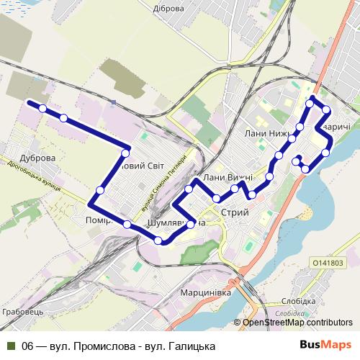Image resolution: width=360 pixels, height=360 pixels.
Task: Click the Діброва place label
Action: click(170, 9)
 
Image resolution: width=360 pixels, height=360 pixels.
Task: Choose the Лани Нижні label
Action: click(266, 133)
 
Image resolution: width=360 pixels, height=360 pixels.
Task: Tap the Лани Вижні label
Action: click(228, 177)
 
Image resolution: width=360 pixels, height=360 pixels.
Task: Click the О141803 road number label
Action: click(328, 264)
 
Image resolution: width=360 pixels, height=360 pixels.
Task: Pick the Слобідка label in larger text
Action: click(295, 301)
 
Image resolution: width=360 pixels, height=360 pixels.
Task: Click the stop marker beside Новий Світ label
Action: click(126, 153)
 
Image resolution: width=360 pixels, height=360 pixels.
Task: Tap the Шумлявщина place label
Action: click(176, 223)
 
